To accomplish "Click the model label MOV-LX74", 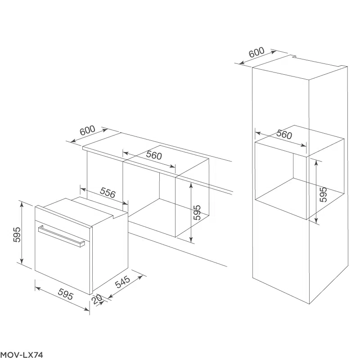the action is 22,355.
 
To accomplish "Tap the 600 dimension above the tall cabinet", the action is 256,52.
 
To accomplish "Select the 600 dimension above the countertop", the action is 87,130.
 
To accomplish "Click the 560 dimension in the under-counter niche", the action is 154,155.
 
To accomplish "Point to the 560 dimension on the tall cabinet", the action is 284,134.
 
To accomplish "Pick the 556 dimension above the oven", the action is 108,193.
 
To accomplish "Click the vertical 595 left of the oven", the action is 17,234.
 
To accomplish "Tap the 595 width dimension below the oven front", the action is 66,294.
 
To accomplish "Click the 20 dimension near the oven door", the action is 97,299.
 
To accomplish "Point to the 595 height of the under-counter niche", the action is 197,212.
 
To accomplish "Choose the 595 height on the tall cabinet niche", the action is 323,194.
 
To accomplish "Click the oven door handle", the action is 61,237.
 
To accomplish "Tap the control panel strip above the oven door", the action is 63,216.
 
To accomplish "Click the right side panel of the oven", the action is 110,252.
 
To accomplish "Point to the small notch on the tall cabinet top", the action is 293,56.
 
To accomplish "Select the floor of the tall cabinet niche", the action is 300,199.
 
